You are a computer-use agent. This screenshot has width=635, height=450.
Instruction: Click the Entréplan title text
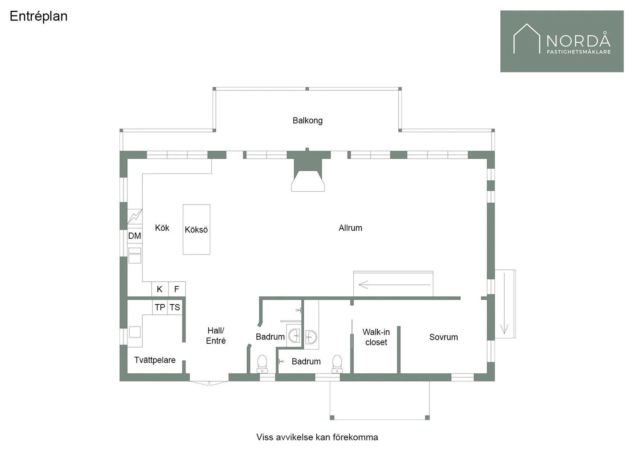[38, 17]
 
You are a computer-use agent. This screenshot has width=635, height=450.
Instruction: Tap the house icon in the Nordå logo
[527, 38]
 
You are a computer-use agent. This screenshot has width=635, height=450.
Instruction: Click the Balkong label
[307, 120]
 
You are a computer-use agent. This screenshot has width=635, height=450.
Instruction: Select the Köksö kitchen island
[196, 229]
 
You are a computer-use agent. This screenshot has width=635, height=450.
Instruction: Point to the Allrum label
[350, 228]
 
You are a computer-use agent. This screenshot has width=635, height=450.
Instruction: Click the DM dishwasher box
[135, 236]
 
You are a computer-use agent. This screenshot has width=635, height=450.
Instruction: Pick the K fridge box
[160, 289]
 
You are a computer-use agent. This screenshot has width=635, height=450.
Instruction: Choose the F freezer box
[177, 289]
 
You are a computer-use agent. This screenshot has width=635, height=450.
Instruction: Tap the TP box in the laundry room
[160, 307]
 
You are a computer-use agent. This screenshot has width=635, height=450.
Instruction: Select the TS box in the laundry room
[175, 307]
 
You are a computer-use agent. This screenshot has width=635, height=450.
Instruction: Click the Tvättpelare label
[155, 360]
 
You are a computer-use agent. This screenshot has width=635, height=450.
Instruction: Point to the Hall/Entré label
[216, 336]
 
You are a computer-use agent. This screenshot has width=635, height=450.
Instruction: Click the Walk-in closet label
[376, 337]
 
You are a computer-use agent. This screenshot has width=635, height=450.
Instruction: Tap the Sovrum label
[444, 337]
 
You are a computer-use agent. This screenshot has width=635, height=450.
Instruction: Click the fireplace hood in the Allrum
[308, 181]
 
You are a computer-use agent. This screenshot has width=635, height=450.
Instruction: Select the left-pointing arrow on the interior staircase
[394, 284]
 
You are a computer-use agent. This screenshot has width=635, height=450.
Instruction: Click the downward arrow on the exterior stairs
[504, 303]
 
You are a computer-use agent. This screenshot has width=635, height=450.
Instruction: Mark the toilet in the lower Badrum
[337, 364]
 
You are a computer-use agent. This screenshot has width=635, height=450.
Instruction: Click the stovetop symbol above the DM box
[135, 217]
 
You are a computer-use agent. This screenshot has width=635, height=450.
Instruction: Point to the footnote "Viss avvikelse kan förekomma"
[317, 437]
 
